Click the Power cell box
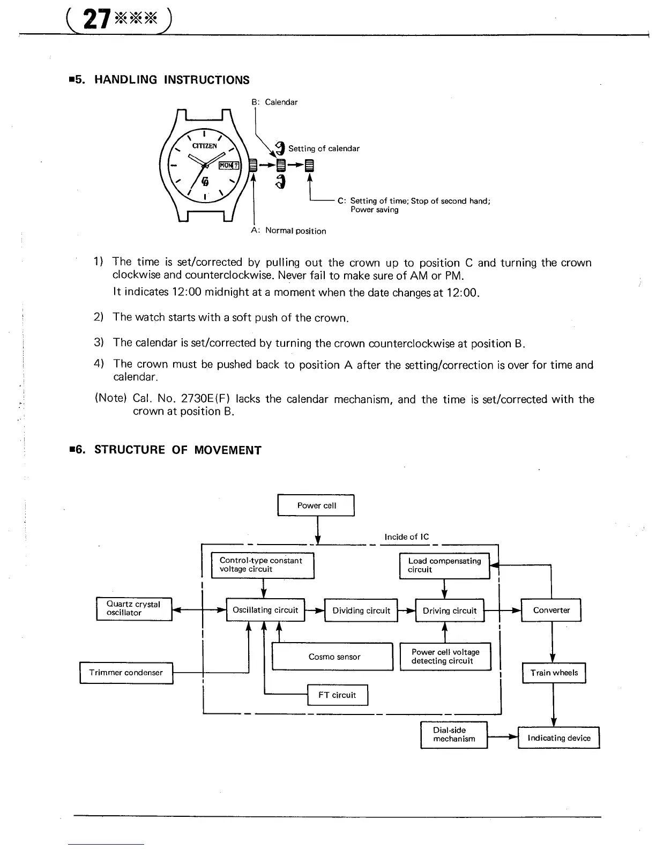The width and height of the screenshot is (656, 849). [316, 505]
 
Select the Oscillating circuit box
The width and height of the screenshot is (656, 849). [265, 610]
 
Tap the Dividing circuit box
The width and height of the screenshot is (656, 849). [361, 610]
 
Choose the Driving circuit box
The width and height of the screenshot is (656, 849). [450, 610]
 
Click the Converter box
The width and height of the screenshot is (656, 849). [551, 610]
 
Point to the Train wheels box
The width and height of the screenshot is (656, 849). [554, 673]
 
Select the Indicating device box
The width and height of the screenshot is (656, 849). [558, 738]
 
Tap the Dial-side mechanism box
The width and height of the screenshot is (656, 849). [454, 734]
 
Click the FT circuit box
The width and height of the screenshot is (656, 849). [337, 695]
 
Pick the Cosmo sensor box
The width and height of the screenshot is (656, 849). [333, 657]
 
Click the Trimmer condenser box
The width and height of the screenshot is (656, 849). [126, 673]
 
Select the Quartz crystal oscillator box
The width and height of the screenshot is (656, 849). [134, 608]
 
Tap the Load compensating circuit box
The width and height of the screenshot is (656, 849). [444, 565]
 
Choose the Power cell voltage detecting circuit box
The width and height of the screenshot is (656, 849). [445, 657]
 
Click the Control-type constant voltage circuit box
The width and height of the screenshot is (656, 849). [263, 565]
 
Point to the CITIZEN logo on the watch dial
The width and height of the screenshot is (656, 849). [205, 146]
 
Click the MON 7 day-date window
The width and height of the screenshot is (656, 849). [230, 165]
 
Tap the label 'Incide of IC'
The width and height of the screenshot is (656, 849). [407, 537]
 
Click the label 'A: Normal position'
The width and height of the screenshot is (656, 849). [288, 230]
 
